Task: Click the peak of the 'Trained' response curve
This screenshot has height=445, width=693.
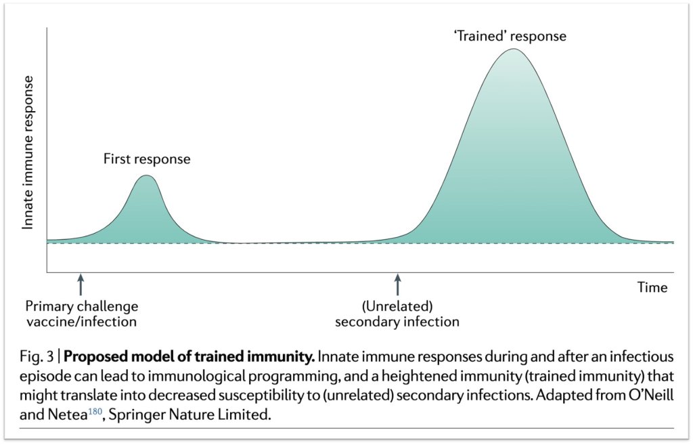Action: pyautogui.click(x=514, y=50)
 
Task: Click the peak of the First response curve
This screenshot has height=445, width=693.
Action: pyautogui.click(x=146, y=177)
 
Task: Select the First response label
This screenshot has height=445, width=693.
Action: pyautogui.click(x=147, y=160)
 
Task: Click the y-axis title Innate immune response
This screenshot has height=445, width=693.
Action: pyautogui.click(x=28, y=152)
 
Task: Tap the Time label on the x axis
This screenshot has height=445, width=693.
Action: pyautogui.click(x=652, y=288)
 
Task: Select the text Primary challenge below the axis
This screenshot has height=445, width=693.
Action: pyautogui.click(x=81, y=305)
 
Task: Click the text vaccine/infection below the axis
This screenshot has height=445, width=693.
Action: pyautogui.click(x=81, y=321)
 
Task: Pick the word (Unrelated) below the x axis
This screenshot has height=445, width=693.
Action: pyautogui.click(x=397, y=305)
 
